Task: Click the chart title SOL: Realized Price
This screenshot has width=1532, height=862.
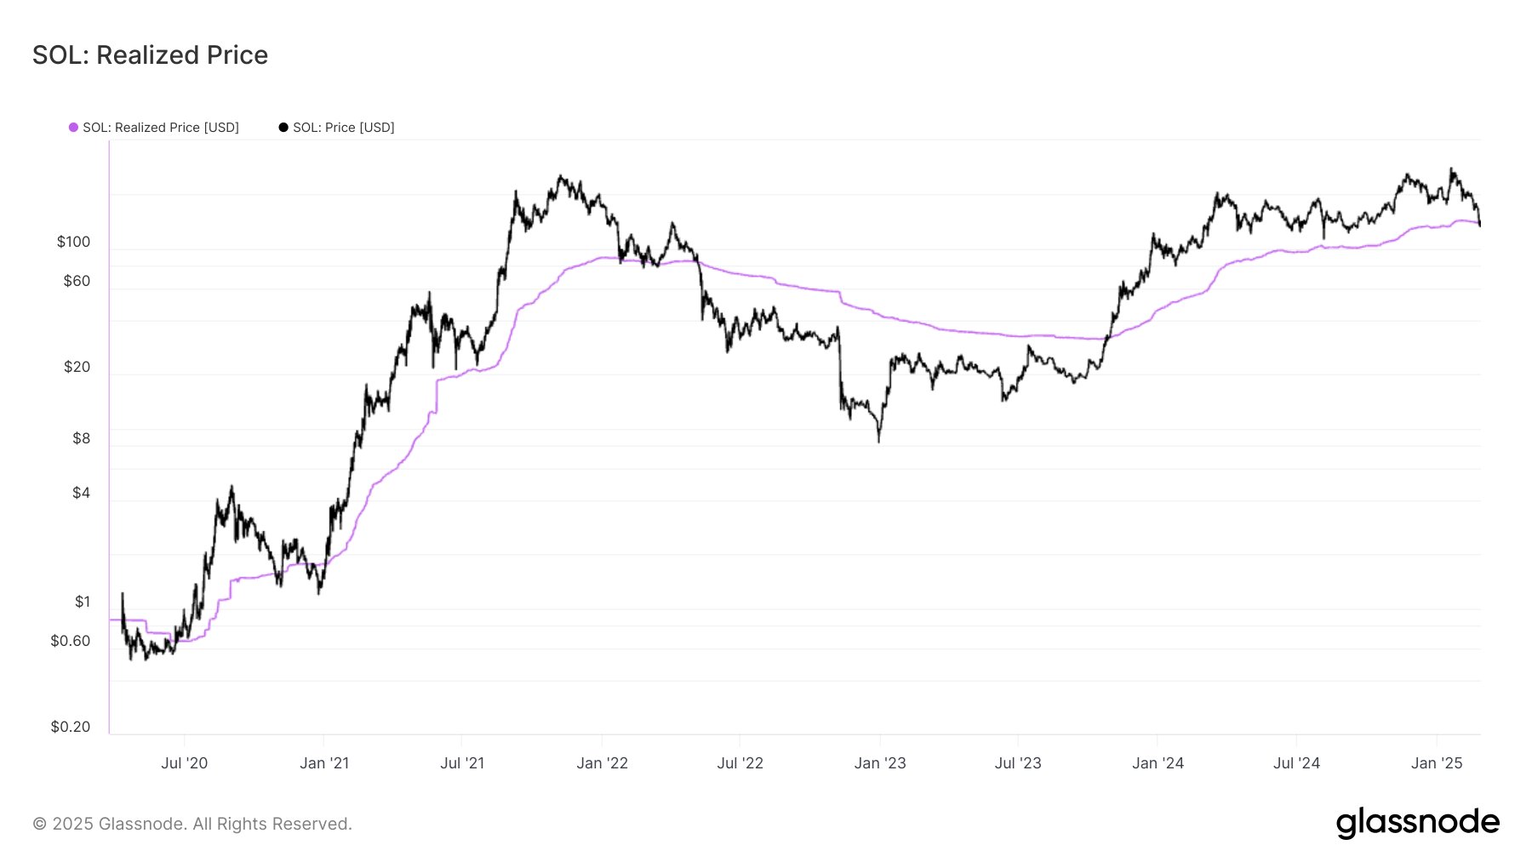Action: [x=150, y=55]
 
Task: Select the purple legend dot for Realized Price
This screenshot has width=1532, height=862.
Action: [x=74, y=128]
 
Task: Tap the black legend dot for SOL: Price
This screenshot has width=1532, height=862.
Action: [x=283, y=128]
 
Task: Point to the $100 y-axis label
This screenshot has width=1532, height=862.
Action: [x=73, y=242]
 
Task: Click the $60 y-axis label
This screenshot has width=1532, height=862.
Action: [x=77, y=281]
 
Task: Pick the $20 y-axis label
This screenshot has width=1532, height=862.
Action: [x=77, y=367]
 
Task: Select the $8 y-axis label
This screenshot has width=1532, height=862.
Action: [x=81, y=438]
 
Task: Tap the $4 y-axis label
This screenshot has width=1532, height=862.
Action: [x=81, y=493]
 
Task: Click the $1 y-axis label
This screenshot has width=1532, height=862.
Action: [x=82, y=602]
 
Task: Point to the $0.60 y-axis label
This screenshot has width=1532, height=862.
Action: [x=70, y=641]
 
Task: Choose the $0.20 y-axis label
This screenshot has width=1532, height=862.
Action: [x=70, y=727]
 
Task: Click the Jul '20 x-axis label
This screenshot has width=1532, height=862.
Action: [x=185, y=763]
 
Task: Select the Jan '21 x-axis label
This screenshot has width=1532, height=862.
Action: [x=324, y=763]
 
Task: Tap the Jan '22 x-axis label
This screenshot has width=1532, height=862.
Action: [x=602, y=763]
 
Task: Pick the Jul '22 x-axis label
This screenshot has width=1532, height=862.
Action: [x=740, y=763]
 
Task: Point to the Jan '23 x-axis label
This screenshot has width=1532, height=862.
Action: [x=880, y=763]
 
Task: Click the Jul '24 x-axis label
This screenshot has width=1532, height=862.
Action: [x=1296, y=763]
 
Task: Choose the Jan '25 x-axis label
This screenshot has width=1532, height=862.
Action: [x=1437, y=763]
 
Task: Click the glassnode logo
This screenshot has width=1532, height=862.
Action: [x=1417, y=823]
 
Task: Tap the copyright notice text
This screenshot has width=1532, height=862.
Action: [x=192, y=824]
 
